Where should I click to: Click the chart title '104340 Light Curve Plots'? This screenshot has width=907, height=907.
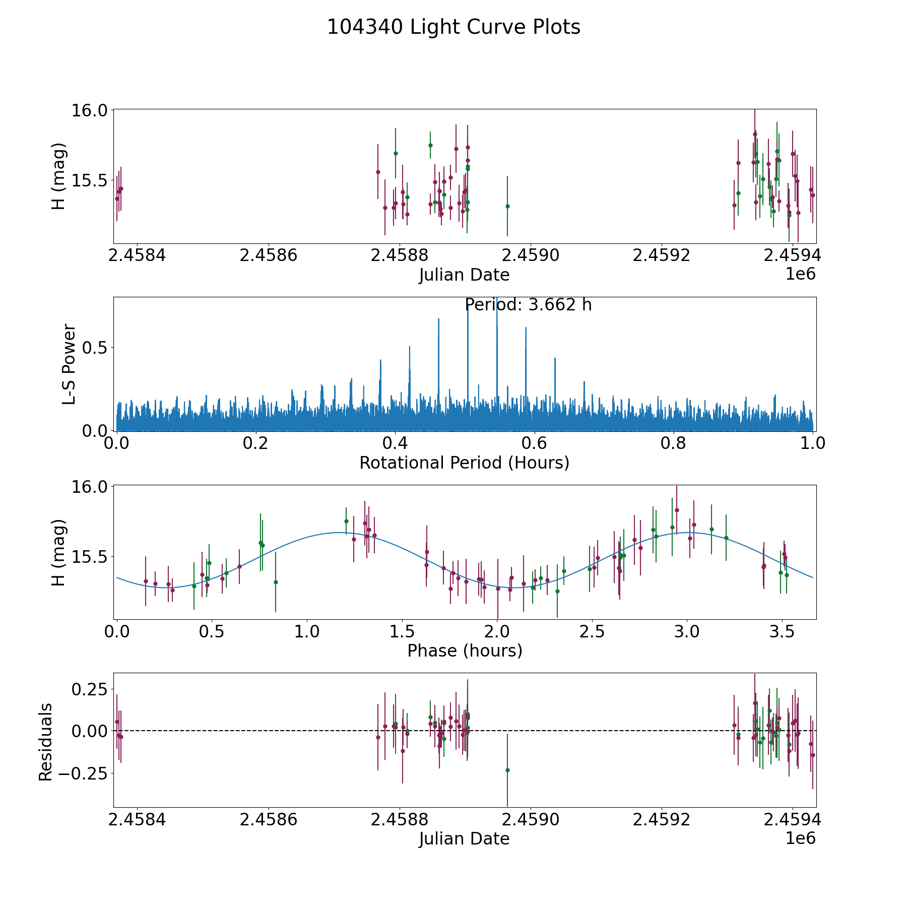pos(454,27)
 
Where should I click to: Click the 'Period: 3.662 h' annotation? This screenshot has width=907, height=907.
pos(528,305)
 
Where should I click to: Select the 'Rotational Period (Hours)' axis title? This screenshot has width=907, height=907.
pos(464,463)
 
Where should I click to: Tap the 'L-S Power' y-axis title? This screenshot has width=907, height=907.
pos(69,364)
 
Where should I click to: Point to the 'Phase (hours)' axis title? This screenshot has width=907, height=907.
pos(464,651)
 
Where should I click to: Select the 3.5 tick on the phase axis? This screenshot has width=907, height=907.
pos(782,631)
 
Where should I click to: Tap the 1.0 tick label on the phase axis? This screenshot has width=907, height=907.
pos(307,631)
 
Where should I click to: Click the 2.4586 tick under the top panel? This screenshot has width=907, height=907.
pos(268,255)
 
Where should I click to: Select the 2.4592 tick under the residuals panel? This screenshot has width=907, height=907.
pos(661,820)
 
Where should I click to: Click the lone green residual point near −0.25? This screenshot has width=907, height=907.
pos(507,770)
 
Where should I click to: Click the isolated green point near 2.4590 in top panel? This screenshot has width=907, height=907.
pos(507,206)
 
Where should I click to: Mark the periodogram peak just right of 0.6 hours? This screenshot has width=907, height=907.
pos(555,359)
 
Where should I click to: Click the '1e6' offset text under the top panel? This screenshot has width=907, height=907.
pos(800,274)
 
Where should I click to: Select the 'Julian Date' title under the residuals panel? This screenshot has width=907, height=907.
pos(464,839)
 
